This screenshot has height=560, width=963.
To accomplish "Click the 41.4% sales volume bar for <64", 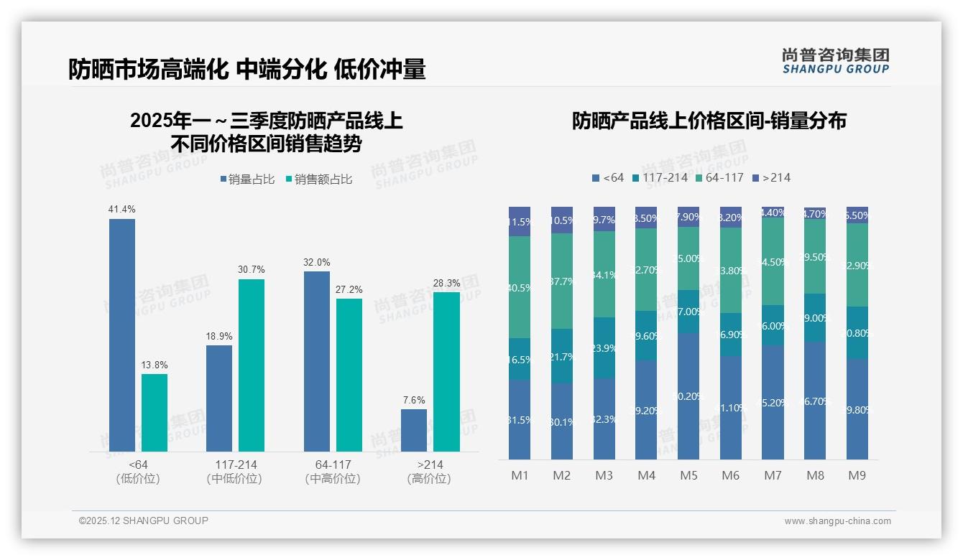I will coord(122,335).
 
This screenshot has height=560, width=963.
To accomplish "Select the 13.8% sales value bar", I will coord(155,412).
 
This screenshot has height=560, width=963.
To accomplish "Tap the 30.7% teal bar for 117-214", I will coord(252,365).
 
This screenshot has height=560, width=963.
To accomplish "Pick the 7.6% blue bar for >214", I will coord(414,430).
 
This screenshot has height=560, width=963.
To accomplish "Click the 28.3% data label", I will coord(446,283).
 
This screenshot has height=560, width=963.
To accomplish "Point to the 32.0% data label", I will coord(317,262).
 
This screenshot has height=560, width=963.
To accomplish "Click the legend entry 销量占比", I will coord(247,179).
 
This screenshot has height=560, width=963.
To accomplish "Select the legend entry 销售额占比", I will coord(319,179).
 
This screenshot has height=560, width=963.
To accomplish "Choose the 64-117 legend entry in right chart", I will coord(719,177).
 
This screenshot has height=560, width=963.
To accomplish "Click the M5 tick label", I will coord(689,475).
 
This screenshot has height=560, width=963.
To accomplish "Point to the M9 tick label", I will coord(857,475).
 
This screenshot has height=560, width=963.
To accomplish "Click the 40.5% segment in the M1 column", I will coord(520,287).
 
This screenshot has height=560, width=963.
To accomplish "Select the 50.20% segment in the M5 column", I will coord(689,396).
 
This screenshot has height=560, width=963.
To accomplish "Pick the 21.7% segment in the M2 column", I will coord(562,356).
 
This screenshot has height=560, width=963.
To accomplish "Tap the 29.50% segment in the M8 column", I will coord(815,256).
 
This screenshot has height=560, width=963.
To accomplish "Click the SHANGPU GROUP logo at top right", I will coord(836,61).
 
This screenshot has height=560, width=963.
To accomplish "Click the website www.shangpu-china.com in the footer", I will coord(837,521).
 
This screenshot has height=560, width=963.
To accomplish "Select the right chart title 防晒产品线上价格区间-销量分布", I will coord(709,121).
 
